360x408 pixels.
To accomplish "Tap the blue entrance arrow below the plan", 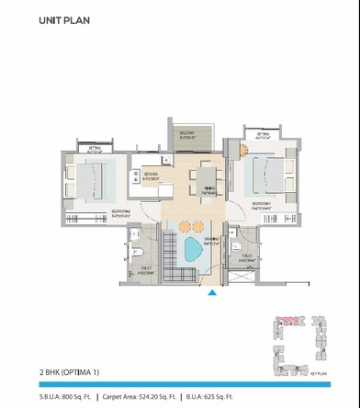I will [212, 293].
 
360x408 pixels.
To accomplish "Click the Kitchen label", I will [151, 176].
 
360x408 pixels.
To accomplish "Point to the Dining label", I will [209, 188].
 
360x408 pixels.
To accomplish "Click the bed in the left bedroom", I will [95, 178].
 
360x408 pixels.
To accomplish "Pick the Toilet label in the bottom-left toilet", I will [145, 270].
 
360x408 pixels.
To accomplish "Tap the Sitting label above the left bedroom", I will [96, 149].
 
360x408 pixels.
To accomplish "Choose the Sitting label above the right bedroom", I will [263, 135].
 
